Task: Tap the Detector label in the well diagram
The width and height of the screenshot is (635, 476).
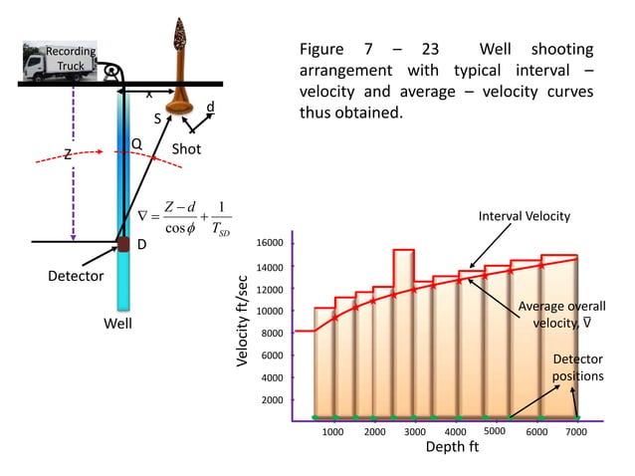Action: click(76, 276)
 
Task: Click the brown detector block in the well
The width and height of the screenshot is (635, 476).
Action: click(125, 244)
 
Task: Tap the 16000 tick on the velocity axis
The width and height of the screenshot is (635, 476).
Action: click(271, 243)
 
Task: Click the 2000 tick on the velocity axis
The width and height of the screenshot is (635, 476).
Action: click(274, 399)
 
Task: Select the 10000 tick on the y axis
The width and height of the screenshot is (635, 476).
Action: click(271, 311)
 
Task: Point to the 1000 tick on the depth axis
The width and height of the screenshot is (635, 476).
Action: click(332, 432)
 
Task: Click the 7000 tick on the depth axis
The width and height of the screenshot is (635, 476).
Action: click(575, 432)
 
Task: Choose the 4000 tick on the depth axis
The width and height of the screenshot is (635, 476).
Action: click(455, 432)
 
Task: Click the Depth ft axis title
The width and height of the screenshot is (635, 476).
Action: click(452, 448)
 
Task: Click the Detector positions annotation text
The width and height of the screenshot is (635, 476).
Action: click(577, 366)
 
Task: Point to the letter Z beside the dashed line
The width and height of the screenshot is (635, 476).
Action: click(68, 155)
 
